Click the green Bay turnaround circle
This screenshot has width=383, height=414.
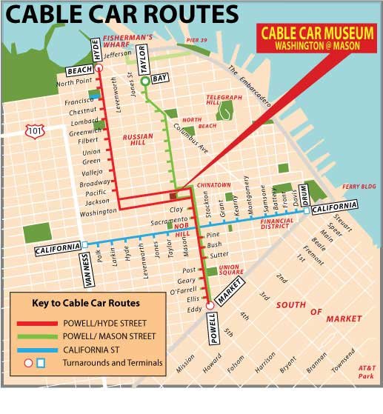point(146,82)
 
